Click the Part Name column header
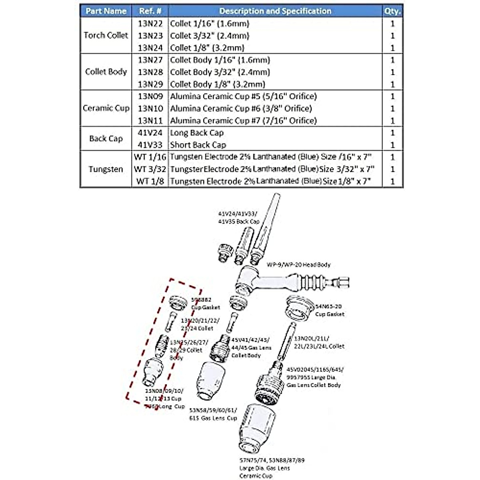pyautogui.click(x=106, y=11)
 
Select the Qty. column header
pyautogui.click(x=392, y=11)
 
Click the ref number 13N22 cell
pyautogui.click(x=150, y=24)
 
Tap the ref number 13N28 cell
pyautogui.click(x=150, y=72)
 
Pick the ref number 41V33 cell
pyautogui.click(x=150, y=145)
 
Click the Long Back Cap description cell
pyautogui.click(x=197, y=133)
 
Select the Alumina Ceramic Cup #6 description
pyautogui.click(x=241, y=108)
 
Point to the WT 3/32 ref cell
pyautogui.click(x=150, y=169)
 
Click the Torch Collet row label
pyautogui.click(x=106, y=35)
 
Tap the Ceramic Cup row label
pyautogui.click(x=106, y=108)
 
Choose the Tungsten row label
pyautogui.click(x=106, y=169)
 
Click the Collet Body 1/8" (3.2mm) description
pyautogui.click(x=218, y=84)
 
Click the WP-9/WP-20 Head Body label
pyautogui.click(x=299, y=265)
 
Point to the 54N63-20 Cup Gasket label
pyautogui.click(x=330, y=310)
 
